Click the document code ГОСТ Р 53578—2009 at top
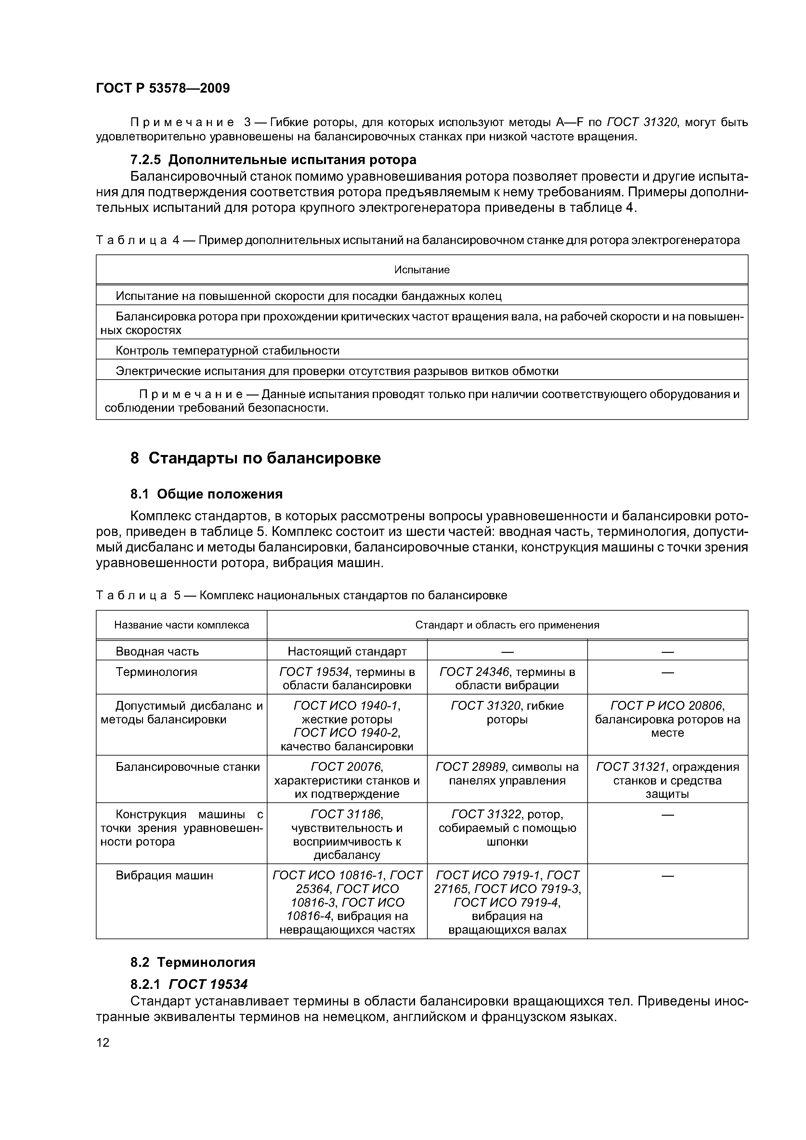pyautogui.click(x=162, y=88)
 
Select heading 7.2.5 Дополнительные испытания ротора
pyautogui.click(x=273, y=160)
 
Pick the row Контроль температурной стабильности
pyautogui.click(x=227, y=351)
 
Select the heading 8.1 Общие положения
pyautogui.click(x=206, y=494)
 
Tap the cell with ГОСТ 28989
pyautogui.click(x=507, y=773)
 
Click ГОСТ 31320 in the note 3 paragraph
pyautogui.click(x=642, y=122)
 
